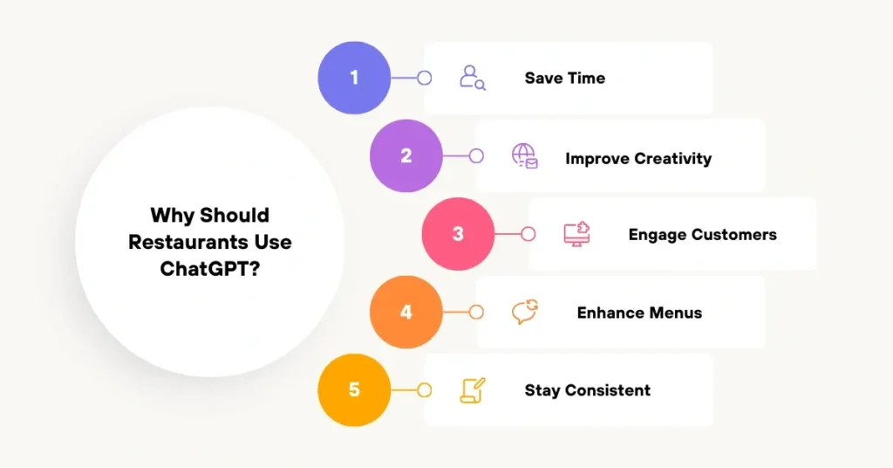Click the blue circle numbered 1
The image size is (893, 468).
click(354, 78)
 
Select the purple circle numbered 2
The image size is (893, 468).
click(406, 156)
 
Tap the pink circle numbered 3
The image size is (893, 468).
click(459, 234)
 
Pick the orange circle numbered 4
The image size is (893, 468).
click(406, 312)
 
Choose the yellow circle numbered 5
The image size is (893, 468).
click(354, 389)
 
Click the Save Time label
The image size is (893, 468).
click(564, 78)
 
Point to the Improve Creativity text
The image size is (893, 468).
click(638, 158)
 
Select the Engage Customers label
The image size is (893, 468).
click(702, 234)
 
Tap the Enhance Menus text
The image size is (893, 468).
click(639, 313)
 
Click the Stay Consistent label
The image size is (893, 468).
click(587, 390)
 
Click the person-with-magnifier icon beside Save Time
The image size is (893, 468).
click(473, 78)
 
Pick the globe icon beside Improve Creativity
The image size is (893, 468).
click(524, 156)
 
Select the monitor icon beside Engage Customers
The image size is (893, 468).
click(576, 234)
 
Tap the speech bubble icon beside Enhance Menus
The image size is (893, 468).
click(524, 312)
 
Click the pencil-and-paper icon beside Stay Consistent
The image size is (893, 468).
click(473, 389)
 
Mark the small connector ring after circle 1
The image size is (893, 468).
click(425, 78)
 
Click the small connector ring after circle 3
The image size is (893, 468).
click(528, 234)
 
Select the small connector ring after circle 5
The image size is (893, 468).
click(425, 389)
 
